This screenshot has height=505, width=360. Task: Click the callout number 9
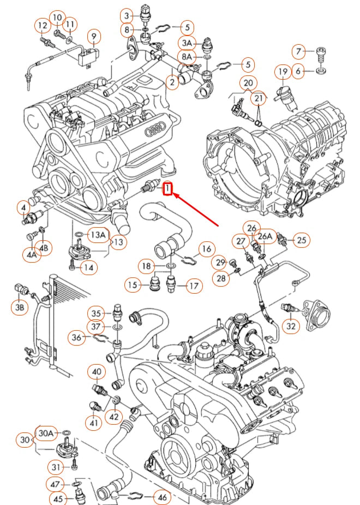pyautogui.click(x=94, y=37)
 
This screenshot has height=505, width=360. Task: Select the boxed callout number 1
pyautogui.click(x=169, y=189)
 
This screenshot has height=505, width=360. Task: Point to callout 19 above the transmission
pyautogui.click(x=283, y=72)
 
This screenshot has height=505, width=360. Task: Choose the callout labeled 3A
pyautogui.click(x=187, y=43)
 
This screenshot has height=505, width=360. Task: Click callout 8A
pyautogui.click(x=187, y=56)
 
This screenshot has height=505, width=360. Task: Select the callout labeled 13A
pyautogui.click(x=98, y=235)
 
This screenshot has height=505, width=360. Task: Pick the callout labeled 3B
pyautogui.click(x=19, y=307)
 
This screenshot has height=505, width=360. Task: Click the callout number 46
pyautogui.click(x=162, y=497)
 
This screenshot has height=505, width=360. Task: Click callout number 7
pyautogui.click(x=298, y=52)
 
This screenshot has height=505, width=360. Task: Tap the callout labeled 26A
pyautogui.click(x=265, y=236)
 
